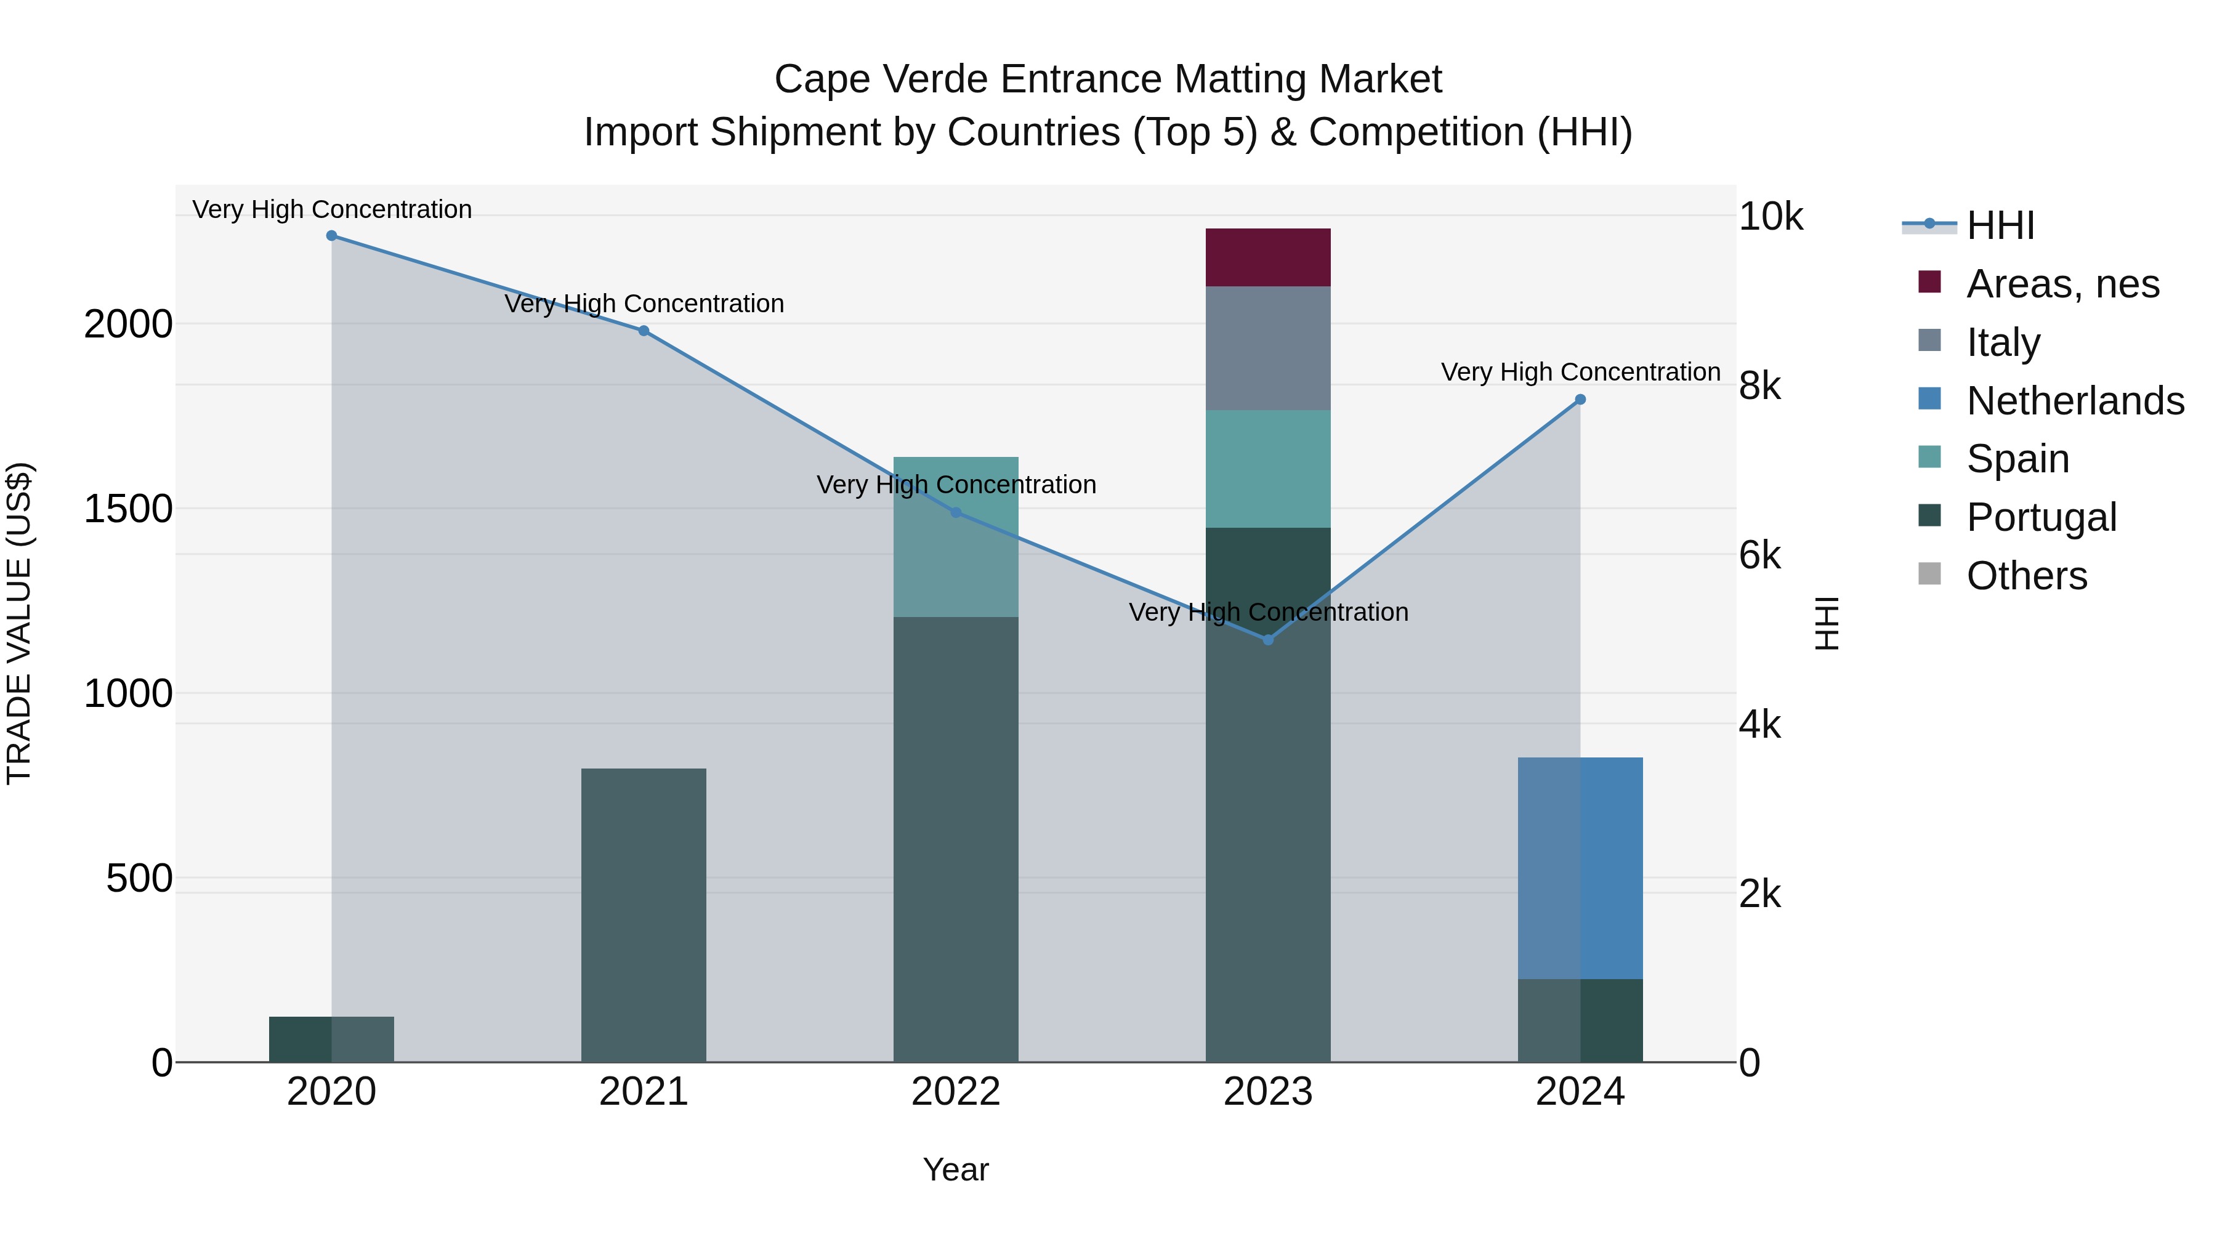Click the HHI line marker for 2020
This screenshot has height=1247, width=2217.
coord(331,236)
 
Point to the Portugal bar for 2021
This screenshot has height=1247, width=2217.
coord(643,915)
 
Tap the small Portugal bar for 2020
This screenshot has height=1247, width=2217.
coord(331,1039)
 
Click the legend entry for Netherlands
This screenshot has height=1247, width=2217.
coord(2075,401)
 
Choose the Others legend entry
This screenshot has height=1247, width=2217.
coord(2027,576)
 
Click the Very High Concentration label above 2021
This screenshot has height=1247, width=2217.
coord(644,304)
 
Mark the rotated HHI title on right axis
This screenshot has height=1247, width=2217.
coord(1825,623)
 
